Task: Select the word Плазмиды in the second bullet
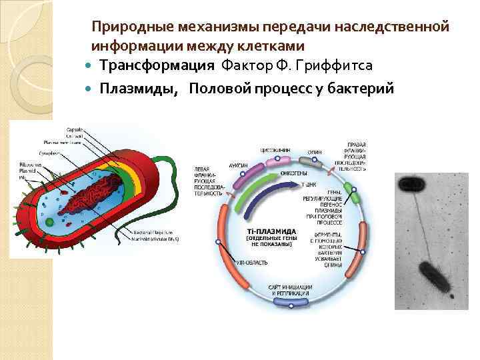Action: (x=139, y=89)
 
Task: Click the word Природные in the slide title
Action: (x=133, y=27)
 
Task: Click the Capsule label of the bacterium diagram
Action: (x=75, y=129)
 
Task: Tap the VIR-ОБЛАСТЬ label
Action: (x=253, y=263)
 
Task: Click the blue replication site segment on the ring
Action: (x=283, y=302)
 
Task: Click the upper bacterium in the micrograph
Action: (x=410, y=183)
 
